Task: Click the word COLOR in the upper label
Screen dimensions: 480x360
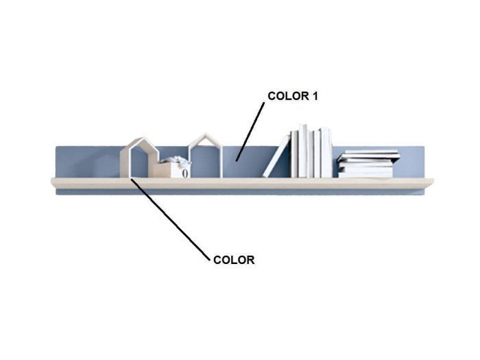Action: pos(289,96)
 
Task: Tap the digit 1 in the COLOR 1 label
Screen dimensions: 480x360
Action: pos(315,96)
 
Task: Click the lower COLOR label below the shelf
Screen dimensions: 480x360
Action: pos(234,260)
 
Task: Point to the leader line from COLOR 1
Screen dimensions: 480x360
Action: pos(250,132)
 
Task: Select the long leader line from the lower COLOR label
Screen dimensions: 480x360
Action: pos(171,219)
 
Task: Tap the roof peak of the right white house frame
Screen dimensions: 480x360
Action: pos(206,134)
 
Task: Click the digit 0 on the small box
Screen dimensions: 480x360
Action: pos(184,173)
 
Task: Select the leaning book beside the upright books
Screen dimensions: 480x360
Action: pos(277,156)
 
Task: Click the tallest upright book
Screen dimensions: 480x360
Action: pos(303,151)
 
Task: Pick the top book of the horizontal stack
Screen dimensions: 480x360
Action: pos(368,152)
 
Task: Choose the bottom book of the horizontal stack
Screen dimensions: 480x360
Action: pos(365,175)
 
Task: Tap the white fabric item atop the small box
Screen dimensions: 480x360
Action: pos(176,160)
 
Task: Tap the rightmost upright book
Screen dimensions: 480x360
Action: pos(326,152)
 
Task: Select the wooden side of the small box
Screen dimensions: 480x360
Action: pos(163,170)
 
